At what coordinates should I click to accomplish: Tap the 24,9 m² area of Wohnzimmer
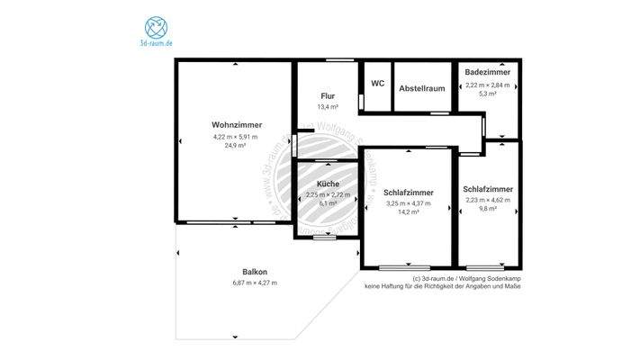pyautogui.click(x=235, y=144)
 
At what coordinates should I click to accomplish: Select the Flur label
pyautogui.click(x=328, y=95)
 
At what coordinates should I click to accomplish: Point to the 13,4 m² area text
pyautogui.click(x=328, y=106)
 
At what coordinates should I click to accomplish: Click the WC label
pyautogui.click(x=378, y=84)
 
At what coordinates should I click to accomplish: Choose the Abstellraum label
pyautogui.click(x=422, y=88)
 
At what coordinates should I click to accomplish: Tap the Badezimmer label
pyautogui.click(x=488, y=72)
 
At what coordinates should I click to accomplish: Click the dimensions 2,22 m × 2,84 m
pyautogui.click(x=488, y=85)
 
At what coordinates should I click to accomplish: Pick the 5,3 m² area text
pyautogui.click(x=488, y=93)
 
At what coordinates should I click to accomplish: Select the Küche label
pyautogui.click(x=327, y=184)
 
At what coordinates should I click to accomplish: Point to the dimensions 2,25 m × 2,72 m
pyautogui.click(x=327, y=195)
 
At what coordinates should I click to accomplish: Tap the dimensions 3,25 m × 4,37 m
pyautogui.click(x=408, y=203)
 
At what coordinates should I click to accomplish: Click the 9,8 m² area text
pyautogui.click(x=488, y=208)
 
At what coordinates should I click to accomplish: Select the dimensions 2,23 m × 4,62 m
pyautogui.click(x=488, y=200)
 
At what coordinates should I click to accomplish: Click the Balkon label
pyautogui.click(x=255, y=272)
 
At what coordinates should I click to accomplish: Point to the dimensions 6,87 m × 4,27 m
pyautogui.click(x=255, y=283)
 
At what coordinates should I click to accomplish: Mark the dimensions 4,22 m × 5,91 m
pyautogui.click(x=235, y=136)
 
